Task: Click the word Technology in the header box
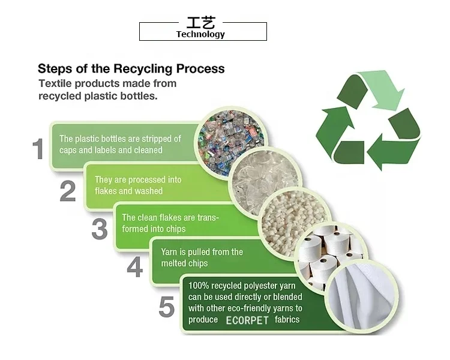tap(200, 34)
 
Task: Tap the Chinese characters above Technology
tap(200, 23)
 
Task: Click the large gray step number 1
tap(38, 149)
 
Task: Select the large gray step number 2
tap(68, 190)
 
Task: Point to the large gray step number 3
tap(100, 229)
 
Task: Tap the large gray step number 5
tap(166, 307)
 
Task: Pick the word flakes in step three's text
tap(169, 218)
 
